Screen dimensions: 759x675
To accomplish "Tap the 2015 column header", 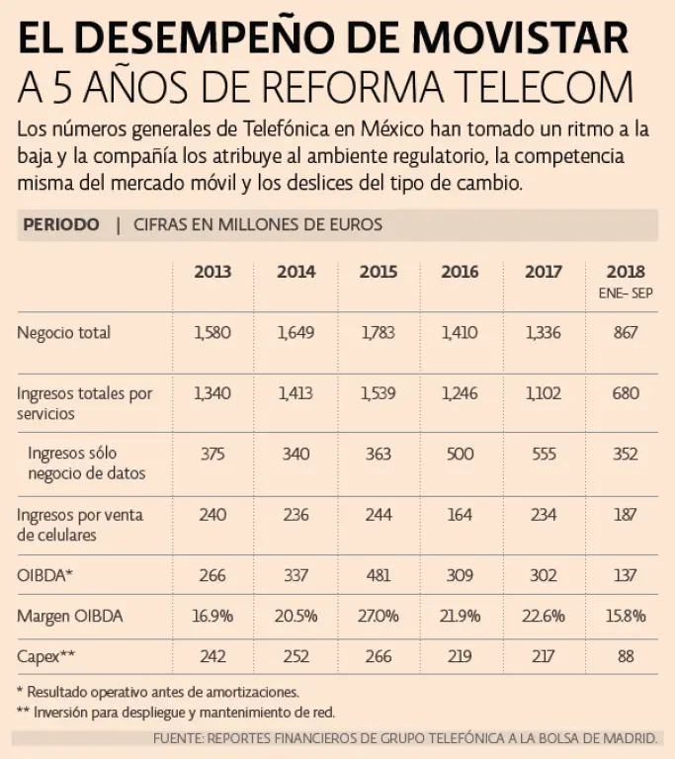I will click(378, 272).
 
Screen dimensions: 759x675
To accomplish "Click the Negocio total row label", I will click(64, 333).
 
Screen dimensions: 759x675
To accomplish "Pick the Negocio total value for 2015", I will click(378, 333).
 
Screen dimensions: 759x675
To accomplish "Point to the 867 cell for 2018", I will click(626, 333).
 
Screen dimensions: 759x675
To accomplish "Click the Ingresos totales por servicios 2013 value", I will click(211, 393).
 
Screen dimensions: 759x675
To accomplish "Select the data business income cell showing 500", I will click(461, 454).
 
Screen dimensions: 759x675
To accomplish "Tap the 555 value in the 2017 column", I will click(544, 454).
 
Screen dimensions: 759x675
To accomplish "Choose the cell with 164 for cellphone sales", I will click(461, 514).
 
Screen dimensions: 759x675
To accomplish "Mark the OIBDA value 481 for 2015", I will click(378, 575).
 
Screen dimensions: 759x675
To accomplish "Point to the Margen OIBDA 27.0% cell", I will click(378, 616).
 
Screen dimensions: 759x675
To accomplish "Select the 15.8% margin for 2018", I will click(626, 616).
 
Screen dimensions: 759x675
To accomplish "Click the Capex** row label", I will click(46, 656).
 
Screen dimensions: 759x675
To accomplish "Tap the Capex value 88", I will click(626, 656).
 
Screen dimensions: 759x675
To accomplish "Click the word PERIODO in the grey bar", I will click(60, 225).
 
